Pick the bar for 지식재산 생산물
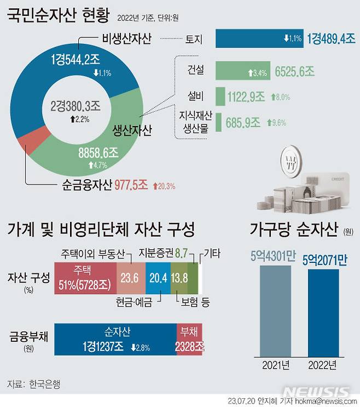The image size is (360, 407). point(219,122)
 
